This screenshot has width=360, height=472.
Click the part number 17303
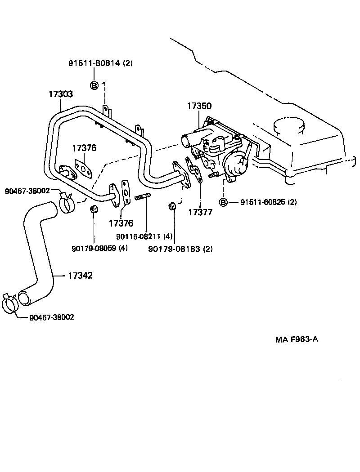click(x=61, y=94)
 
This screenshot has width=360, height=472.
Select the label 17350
click(x=199, y=106)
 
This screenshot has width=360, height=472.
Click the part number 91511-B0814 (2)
click(x=100, y=63)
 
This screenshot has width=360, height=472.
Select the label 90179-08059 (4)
click(x=99, y=248)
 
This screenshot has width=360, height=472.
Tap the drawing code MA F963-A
click(x=297, y=339)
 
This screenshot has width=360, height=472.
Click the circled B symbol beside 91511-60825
click(x=223, y=202)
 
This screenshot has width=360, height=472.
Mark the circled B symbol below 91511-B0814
click(x=94, y=86)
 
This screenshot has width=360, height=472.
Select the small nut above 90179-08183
click(x=172, y=206)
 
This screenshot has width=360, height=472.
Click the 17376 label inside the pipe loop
click(x=85, y=148)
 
